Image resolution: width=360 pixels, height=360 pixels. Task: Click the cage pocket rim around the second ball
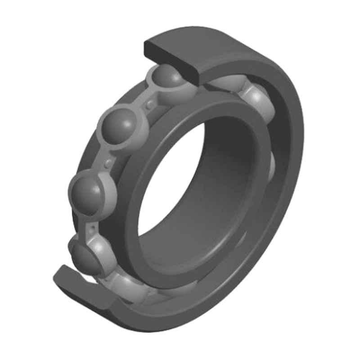(x=135, y=135)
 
